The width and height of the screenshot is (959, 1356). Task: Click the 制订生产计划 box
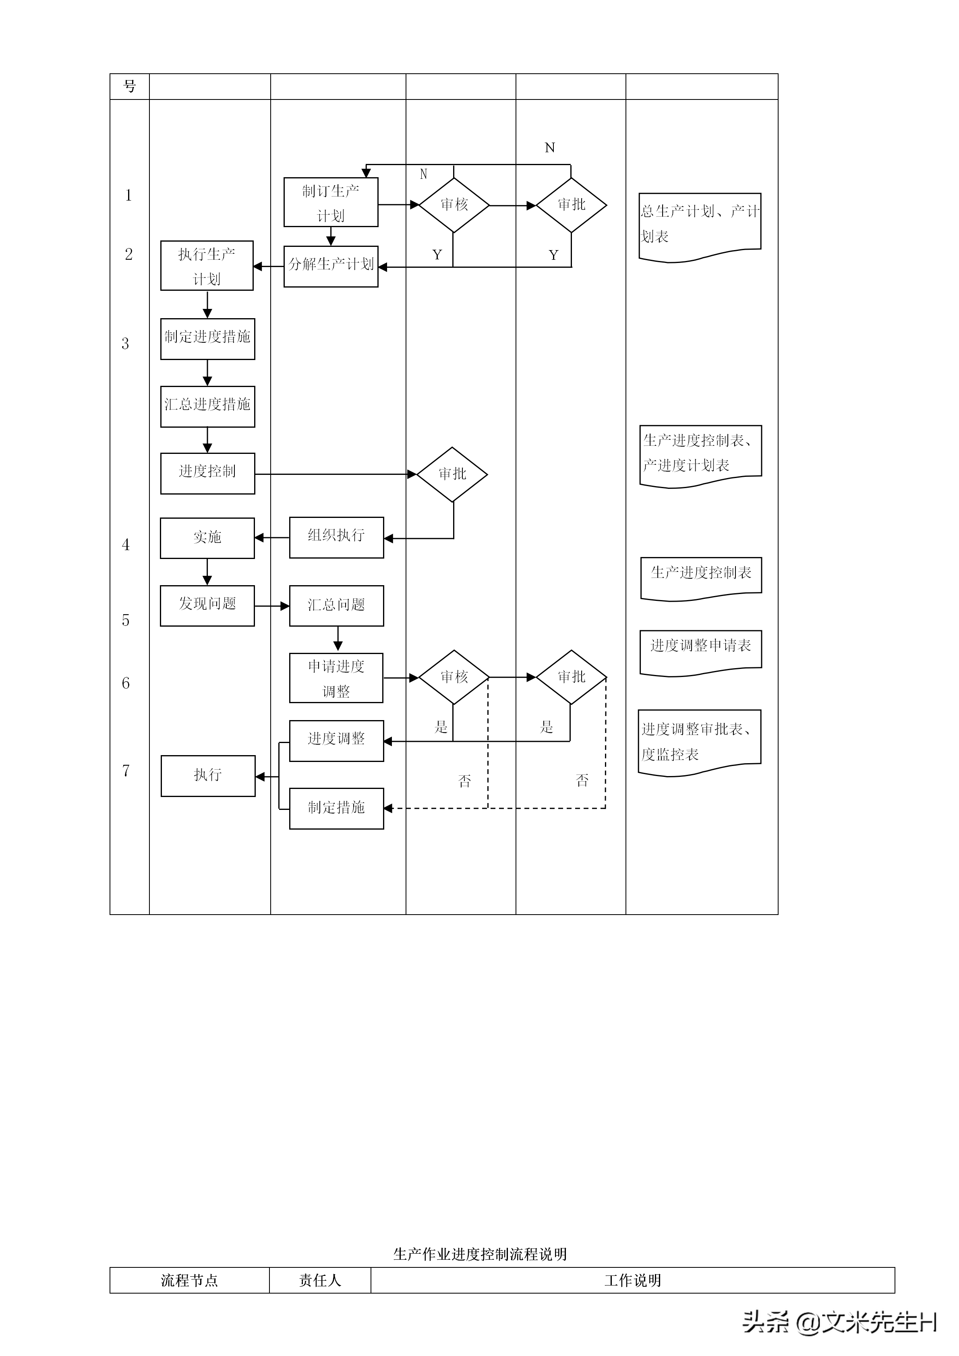(331, 202)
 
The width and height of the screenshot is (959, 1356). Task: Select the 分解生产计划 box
(331, 266)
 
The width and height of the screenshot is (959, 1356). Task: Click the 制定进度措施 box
(207, 338)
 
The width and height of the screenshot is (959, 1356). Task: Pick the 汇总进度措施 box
(207, 406)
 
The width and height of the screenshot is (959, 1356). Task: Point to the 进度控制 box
(207, 473)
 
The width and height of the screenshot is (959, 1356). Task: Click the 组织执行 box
(336, 537)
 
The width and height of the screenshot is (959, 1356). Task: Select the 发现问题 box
(207, 605)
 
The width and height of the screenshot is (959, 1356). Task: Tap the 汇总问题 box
(336, 605)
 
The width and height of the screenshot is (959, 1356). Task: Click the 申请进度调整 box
(336, 677)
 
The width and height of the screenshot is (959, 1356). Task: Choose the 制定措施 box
(336, 808)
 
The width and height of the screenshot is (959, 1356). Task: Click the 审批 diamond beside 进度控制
(452, 474)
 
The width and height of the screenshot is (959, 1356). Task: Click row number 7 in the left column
(126, 770)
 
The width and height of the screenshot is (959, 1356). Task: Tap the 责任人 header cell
(320, 1280)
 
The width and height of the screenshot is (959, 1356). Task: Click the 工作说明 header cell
(632, 1280)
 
